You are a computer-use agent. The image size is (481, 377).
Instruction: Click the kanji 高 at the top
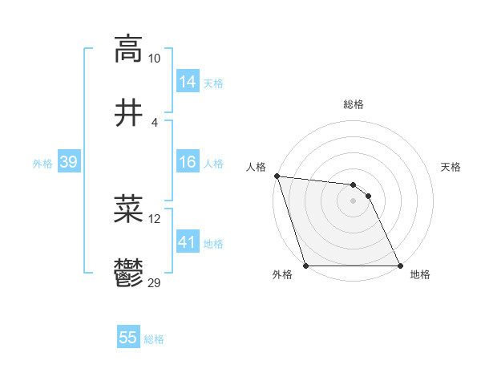pyautogui.click(x=128, y=49)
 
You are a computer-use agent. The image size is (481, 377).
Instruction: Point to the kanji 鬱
pyautogui.click(x=128, y=274)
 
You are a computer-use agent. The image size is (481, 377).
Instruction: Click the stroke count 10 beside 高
pyautogui.click(x=155, y=59)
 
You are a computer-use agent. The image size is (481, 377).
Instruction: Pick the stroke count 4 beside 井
pyautogui.click(x=155, y=122)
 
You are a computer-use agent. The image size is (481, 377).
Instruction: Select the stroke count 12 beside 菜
pyautogui.click(x=155, y=219)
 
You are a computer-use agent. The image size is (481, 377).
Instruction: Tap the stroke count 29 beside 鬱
pyautogui.click(x=155, y=283)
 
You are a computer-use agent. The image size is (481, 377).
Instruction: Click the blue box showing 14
pyautogui.click(x=188, y=82)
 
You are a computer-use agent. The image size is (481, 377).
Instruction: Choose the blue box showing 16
pyautogui.click(x=188, y=163)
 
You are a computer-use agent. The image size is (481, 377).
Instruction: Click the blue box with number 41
pyautogui.click(x=188, y=241)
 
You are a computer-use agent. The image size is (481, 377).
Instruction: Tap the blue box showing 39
pyautogui.click(x=69, y=163)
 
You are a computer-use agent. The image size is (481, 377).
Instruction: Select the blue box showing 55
pyautogui.click(x=128, y=338)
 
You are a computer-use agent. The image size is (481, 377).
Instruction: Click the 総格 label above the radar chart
pyautogui.click(x=354, y=104)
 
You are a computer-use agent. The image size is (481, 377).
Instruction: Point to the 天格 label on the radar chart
pyautogui.click(x=451, y=167)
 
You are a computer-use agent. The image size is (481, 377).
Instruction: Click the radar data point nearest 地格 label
pyautogui.click(x=400, y=266)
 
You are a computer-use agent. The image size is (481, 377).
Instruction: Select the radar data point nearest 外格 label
pyautogui.click(x=306, y=266)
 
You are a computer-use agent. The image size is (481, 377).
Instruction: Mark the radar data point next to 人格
pyautogui.click(x=277, y=176)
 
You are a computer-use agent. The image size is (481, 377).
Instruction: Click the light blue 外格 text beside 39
pyautogui.click(x=42, y=164)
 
